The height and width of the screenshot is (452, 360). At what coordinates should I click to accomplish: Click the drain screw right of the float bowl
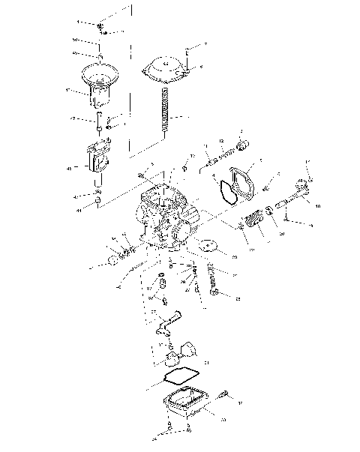[223, 394]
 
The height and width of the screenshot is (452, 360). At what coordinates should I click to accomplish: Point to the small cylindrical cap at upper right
[242, 144]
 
